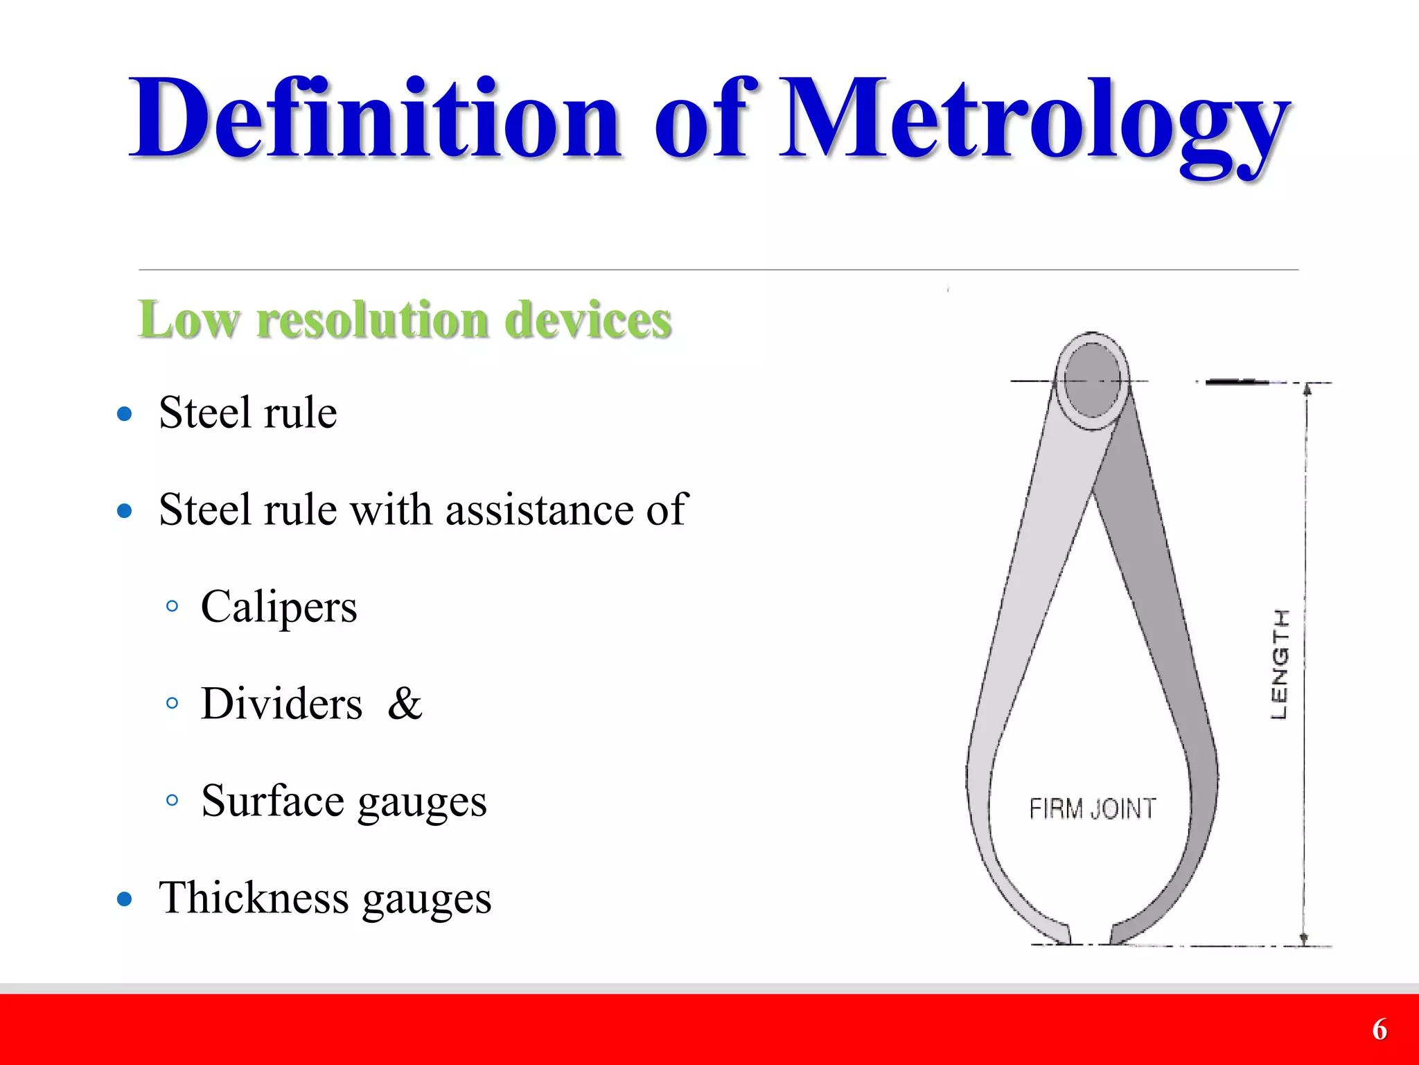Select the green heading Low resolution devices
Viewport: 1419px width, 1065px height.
click(x=405, y=320)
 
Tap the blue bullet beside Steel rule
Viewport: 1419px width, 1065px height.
click(x=125, y=414)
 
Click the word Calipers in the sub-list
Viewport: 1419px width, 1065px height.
click(x=279, y=607)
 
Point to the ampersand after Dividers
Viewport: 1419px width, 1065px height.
click(x=405, y=704)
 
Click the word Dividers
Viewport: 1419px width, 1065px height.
click(x=281, y=704)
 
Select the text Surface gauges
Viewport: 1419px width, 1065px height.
click(x=344, y=801)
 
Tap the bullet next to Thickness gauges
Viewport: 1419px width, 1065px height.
click(x=125, y=899)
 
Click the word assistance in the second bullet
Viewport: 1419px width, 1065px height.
click(x=539, y=510)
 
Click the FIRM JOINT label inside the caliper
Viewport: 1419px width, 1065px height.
click(x=1092, y=808)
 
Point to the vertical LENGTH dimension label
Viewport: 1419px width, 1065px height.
click(x=1280, y=664)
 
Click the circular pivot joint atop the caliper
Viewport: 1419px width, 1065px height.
click(x=1092, y=381)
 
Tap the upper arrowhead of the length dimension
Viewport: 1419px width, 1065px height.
click(x=1307, y=388)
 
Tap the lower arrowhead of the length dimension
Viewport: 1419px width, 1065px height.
click(x=1303, y=939)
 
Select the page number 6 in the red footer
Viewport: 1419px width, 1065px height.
click(x=1379, y=1030)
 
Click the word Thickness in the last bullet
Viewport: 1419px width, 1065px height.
click(x=254, y=898)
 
